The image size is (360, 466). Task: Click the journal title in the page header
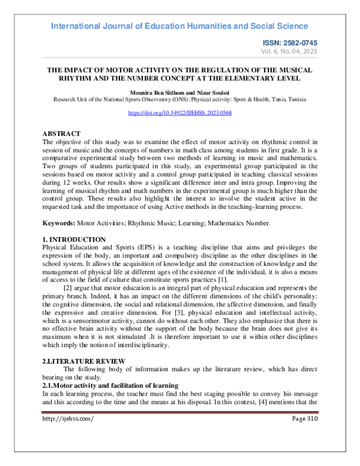coord(179,26)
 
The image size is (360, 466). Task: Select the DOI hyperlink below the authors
coord(180,113)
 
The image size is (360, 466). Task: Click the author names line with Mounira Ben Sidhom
coord(179,93)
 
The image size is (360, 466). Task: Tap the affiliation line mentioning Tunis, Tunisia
coord(179,100)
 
